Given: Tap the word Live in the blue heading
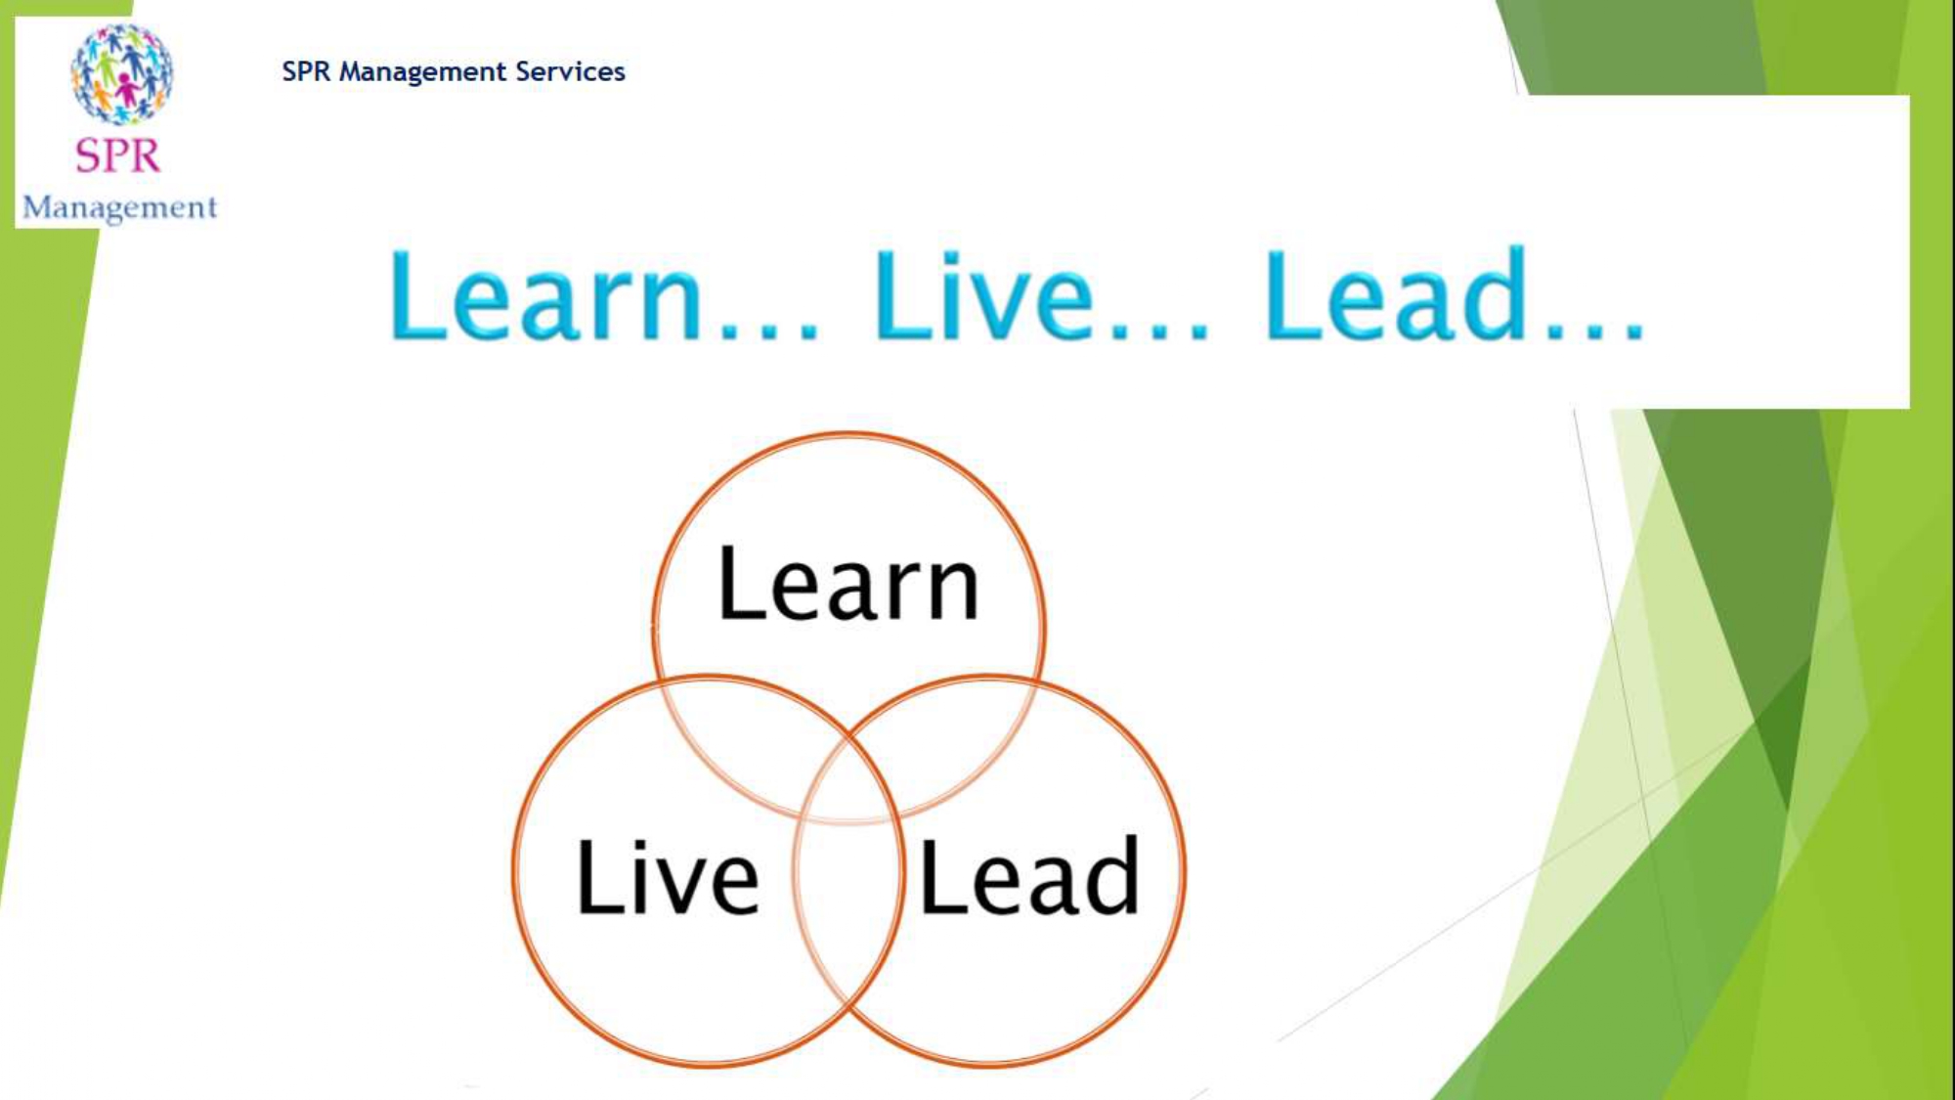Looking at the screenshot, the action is (x=983, y=294).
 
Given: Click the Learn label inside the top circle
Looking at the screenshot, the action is (x=847, y=584).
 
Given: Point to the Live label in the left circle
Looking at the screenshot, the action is (x=668, y=877).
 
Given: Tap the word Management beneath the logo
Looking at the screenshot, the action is (x=119, y=208).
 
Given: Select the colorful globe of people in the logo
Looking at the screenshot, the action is (x=121, y=75).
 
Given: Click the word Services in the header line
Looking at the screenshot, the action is (x=570, y=71).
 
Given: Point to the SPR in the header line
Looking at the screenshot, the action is (x=306, y=71).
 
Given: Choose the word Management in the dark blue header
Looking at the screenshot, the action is (x=422, y=72).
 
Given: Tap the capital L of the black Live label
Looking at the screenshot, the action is (x=600, y=877).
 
